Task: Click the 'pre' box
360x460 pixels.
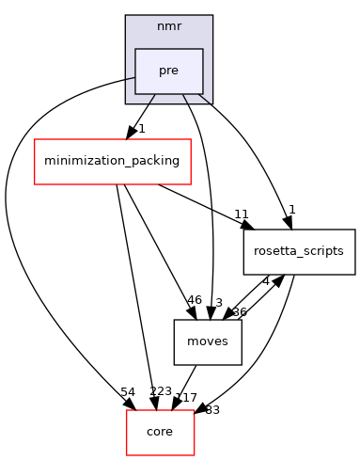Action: click(x=169, y=71)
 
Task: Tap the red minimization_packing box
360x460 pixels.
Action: click(x=113, y=161)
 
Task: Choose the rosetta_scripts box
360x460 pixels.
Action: click(x=299, y=251)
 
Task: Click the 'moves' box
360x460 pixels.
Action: click(x=208, y=341)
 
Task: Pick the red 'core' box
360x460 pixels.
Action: click(x=161, y=432)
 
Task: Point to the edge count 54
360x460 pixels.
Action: click(x=128, y=391)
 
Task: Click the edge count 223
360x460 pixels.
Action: click(x=161, y=391)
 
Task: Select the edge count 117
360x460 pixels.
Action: click(x=187, y=398)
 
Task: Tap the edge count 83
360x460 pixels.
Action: click(x=212, y=409)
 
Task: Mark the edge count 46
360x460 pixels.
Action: click(x=195, y=300)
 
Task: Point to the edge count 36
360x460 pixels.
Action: click(x=239, y=311)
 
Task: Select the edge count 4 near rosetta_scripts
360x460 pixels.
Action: click(x=266, y=280)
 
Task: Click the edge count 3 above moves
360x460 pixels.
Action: click(x=219, y=302)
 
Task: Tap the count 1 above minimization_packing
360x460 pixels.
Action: click(x=140, y=128)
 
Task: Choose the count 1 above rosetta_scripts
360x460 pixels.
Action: click(x=292, y=209)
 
